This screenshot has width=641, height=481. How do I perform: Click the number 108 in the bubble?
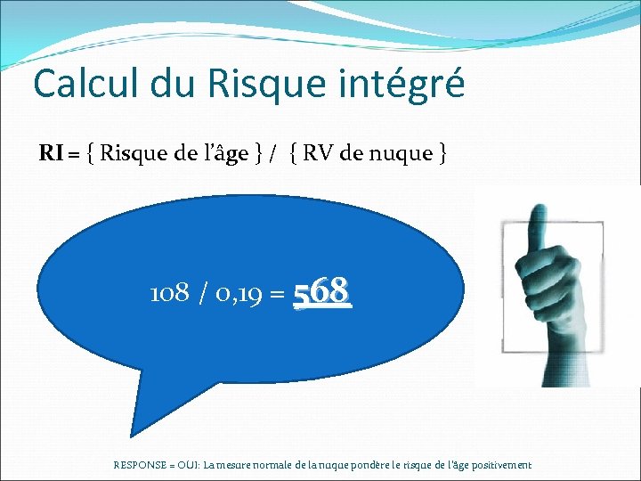pyautogui.click(x=168, y=293)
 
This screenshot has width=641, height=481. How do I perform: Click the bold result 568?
pyautogui.click(x=322, y=291)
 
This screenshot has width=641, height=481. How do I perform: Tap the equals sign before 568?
pyautogui.click(x=276, y=294)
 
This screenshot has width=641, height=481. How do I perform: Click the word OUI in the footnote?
pyautogui.click(x=190, y=465)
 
